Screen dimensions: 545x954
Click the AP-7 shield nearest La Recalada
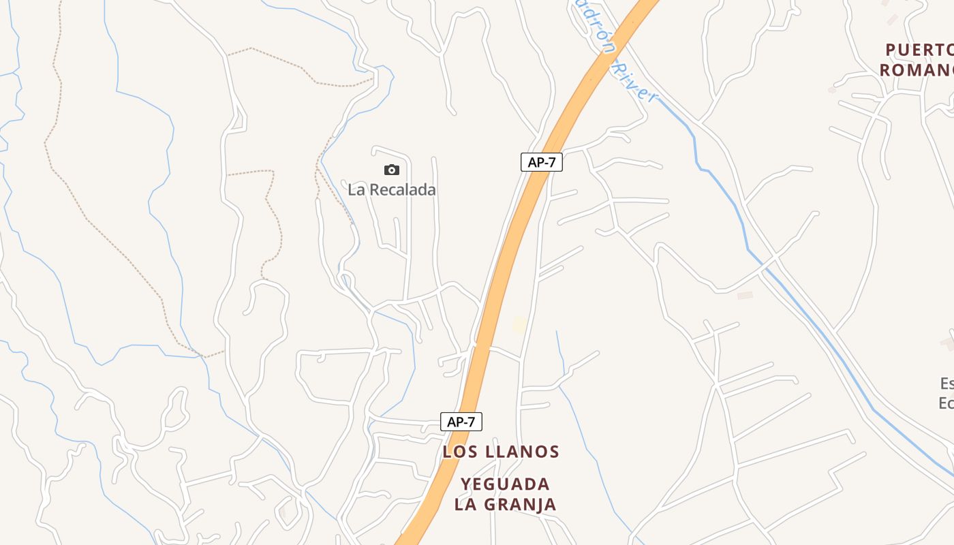click(541, 162)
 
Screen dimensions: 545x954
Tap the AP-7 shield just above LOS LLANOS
click(461, 422)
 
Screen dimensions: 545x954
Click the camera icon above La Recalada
click(391, 170)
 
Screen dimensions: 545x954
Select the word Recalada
click(401, 190)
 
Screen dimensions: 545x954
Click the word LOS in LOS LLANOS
click(457, 452)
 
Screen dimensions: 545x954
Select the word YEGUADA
click(505, 484)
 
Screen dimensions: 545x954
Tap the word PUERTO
click(919, 50)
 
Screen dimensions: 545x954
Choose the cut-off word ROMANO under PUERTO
click(916, 69)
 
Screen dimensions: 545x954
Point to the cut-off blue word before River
click(588, 20)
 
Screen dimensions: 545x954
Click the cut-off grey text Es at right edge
click(947, 383)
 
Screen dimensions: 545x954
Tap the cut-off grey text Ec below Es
click(946, 403)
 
